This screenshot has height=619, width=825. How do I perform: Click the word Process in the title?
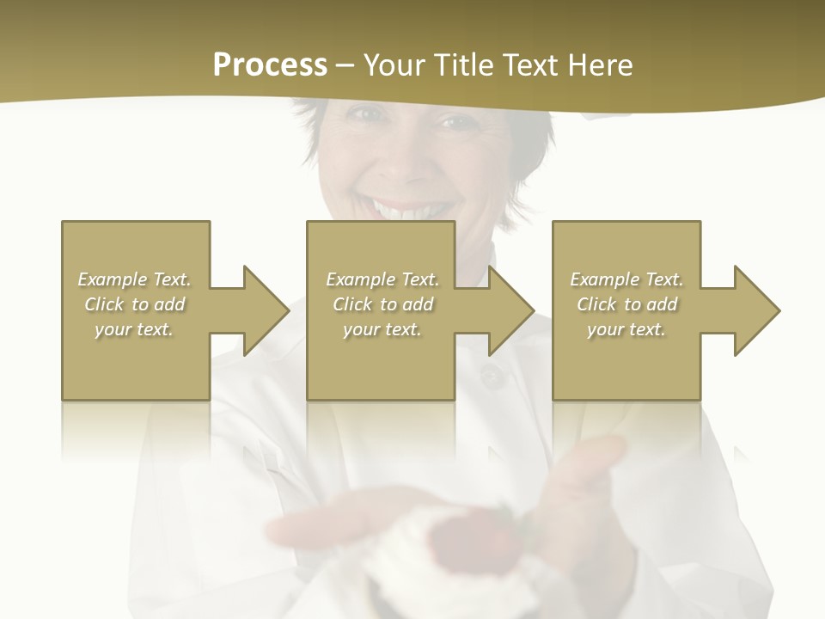[x=270, y=65]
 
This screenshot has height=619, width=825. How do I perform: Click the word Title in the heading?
[x=461, y=65]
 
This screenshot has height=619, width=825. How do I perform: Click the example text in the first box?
[x=135, y=304]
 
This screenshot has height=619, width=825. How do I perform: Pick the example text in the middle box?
[x=382, y=304]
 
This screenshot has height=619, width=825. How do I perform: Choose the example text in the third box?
[x=626, y=304]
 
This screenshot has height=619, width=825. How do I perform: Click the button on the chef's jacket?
[x=491, y=376]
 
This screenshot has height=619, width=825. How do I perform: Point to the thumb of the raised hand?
[x=602, y=456]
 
